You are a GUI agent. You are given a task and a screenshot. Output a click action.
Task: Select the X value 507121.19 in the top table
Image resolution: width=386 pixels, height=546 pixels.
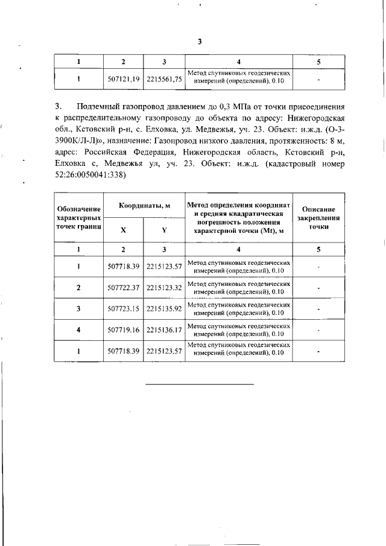click(123, 79)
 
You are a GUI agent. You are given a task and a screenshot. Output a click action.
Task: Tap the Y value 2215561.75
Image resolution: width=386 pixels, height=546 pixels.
click(164, 79)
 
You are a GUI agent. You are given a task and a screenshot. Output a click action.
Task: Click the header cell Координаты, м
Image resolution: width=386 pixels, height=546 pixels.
click(144, 205)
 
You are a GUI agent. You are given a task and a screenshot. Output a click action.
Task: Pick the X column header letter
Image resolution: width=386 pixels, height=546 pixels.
click(123, 230)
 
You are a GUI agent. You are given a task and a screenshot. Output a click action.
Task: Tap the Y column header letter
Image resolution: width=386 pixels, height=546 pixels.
click(164, 230)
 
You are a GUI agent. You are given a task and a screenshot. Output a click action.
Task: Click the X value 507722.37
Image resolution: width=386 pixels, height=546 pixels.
click(123, 287)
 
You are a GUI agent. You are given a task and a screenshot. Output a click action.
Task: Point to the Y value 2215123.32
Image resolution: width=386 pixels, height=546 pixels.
click(164, 287)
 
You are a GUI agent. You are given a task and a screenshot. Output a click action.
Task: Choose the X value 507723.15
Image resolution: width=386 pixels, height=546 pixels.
click(123, 309)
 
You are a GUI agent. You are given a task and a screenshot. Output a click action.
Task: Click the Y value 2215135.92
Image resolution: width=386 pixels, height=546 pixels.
click(164, 309)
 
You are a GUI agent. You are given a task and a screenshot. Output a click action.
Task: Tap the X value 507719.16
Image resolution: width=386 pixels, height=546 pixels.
click(123, 330)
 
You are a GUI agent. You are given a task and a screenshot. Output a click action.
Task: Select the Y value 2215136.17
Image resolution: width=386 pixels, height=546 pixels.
click(164, 330)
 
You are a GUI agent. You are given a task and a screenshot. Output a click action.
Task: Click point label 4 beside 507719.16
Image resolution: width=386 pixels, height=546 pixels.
click(78, 330)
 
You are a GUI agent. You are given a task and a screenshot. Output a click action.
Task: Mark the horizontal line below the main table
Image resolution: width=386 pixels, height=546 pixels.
click(200, 383)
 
